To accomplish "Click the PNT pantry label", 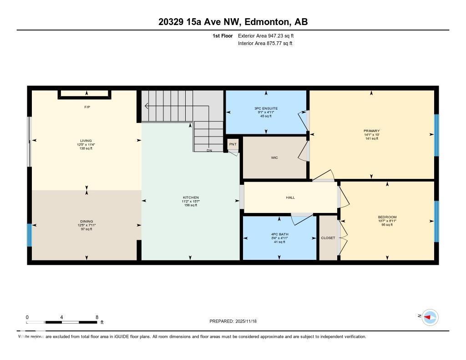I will tap(233, 144).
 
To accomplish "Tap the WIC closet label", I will tap(274, 158).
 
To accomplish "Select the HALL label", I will tap(290, 198).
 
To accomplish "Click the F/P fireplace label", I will tap(87, 107).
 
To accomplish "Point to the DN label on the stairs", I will tap(209, 150).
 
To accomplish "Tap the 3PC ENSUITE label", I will tap(266, 108).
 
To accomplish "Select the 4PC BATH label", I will tap(279, 234).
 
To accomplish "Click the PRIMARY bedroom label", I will tap(371, 131).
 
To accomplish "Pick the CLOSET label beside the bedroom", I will tap(328, 238).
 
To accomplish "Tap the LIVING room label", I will tap(86, 141).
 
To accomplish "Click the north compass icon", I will tap(430, 317).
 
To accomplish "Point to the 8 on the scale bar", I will tap(97, 317).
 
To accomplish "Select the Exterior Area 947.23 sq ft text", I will tap(269, 35).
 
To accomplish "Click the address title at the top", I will tap(233, 22).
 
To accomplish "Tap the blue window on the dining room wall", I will tap(29, 234).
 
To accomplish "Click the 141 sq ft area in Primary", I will tap(371, 139).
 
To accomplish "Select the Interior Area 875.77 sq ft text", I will tap(265, 44).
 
